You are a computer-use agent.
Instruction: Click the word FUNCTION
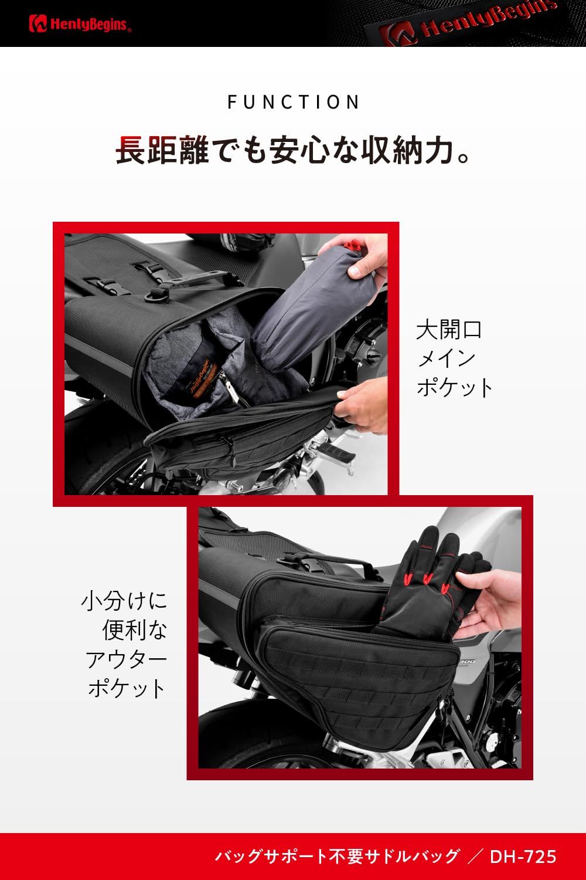point(294,102)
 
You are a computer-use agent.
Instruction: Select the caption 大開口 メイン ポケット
point(454,358)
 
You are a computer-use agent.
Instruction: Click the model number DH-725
point(523,857)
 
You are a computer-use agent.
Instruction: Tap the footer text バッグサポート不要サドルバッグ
point(336,857)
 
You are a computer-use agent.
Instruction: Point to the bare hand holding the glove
point(492,604)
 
